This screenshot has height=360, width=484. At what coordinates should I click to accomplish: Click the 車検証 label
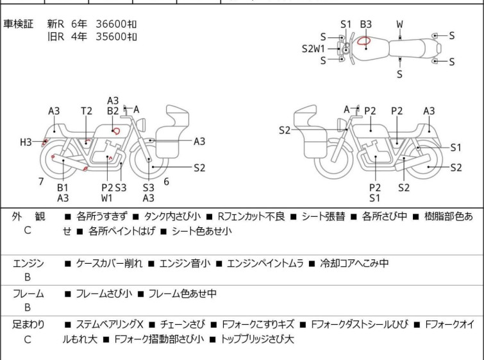coord(18,24)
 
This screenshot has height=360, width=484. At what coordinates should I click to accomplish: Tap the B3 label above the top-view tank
coord(366,24)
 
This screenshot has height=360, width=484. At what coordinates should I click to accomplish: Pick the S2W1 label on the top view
coord(313,49)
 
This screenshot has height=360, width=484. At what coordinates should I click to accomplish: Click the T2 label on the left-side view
coord(87,111)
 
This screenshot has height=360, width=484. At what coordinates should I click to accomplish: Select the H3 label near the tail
coord(26,142)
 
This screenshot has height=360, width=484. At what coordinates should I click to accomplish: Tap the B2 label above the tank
coord(113,111)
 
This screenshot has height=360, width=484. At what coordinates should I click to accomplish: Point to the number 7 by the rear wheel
coord(41,182)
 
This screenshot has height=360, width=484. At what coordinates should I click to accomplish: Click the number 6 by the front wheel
coord(167,182)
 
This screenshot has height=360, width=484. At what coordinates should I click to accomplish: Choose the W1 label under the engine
coord(107,198)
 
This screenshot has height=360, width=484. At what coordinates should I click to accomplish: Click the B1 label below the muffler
coord(63,187)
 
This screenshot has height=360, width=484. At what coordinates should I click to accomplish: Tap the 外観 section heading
coord(28,217)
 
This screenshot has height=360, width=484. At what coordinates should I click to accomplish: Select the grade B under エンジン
coord(28,277)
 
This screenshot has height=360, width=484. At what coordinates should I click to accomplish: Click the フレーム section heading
coord(28,293)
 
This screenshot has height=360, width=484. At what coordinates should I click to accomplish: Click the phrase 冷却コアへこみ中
coord(354,263)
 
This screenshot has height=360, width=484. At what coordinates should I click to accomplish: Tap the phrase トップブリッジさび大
coord(257,339)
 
